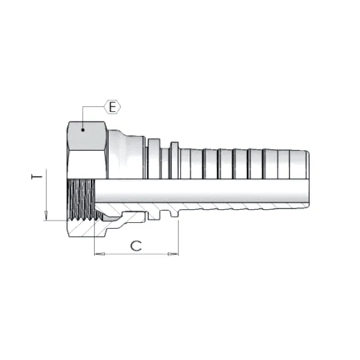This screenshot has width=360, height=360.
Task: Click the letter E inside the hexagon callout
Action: click(x=112, y=107)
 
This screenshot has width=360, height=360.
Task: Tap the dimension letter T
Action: click(x=37, y=178)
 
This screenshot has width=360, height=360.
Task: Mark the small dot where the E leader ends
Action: click(x=82, y=128)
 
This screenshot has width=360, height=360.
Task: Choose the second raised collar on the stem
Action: click(x=174, y=159)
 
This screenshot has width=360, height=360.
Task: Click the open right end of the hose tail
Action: click(x=308, y=178)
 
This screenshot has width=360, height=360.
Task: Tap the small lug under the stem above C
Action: click(x=174, y=213)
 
